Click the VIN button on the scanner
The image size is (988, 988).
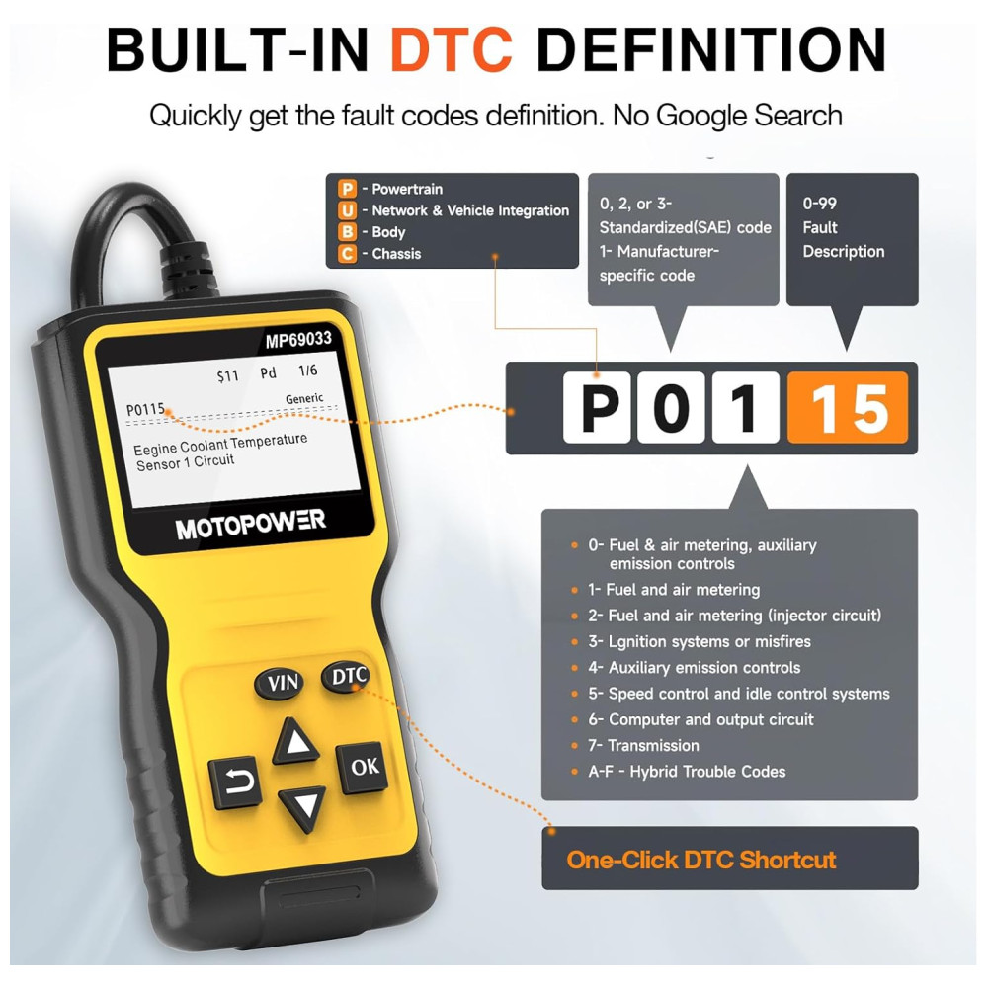click(280, 683)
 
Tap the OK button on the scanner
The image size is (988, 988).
click(365, 767)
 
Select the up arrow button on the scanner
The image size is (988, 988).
click(294, 742)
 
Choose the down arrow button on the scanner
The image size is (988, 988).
click(302, 808)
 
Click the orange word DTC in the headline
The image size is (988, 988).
click(452, 49)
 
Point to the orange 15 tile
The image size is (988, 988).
click(848, 408)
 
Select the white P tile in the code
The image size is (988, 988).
click(596, 408)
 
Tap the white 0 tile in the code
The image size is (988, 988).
click(671, 408)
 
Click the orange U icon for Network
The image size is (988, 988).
click(347, 210)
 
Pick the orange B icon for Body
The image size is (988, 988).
click(347, 232)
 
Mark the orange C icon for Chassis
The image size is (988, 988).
click(347, 253)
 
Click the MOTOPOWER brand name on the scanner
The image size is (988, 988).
click(250, 525)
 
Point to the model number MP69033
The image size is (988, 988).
click(298, 340)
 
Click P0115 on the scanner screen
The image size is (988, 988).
click(145, 410)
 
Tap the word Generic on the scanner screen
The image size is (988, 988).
click(304, 398)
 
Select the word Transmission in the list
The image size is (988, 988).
click(653, 745)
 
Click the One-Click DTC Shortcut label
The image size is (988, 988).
click(701, 860)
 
